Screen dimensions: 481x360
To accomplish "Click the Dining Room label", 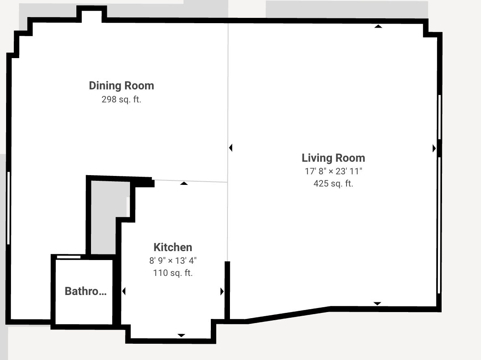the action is tap(121, 86).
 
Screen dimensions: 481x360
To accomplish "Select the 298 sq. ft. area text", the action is tap(121, 100).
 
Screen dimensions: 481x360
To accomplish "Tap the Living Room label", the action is tap(334, 158).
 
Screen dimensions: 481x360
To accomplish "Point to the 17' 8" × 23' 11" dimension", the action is tap(334, 171).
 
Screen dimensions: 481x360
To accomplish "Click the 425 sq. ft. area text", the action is tap(334, 184).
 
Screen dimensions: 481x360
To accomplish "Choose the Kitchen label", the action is tap(173, 247).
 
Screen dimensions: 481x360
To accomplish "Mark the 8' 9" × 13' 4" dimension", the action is tap(173, 260).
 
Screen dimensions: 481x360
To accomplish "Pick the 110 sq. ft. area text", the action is tap(173, 273).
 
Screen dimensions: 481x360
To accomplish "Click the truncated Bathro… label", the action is tap(86, 291).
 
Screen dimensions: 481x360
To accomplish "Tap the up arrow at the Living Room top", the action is tap(378, 26).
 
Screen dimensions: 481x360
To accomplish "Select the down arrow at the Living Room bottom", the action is tap(377, 304).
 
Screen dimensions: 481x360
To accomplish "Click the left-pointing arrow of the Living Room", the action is tap(231, 148).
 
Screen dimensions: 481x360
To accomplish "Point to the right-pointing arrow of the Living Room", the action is tap(434, 149).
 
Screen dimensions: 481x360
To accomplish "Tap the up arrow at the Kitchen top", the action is tap(184, 183).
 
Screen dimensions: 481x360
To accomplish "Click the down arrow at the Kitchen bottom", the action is tap(181, 336).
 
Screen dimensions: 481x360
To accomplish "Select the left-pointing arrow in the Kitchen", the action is tap(124, 291).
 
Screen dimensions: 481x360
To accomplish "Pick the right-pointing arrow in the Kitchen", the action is tap(222, 292).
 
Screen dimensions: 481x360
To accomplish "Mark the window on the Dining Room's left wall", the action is tap(9, 208).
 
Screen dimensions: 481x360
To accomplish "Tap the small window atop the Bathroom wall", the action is tap(69, 257).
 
